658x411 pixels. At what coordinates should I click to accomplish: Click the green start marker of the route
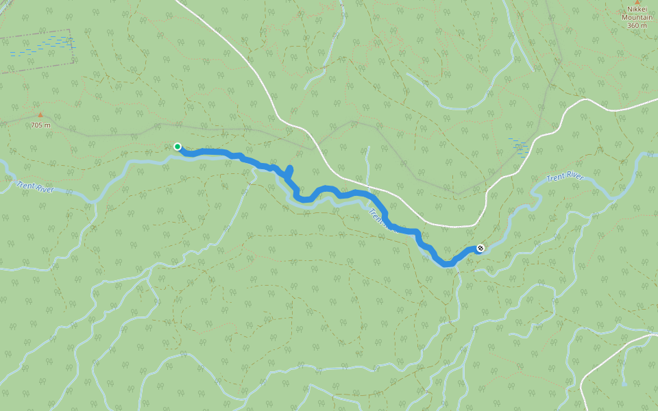(178, 146)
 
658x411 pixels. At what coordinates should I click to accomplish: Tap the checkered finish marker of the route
(480, 248)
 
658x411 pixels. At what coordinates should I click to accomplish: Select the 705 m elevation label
(40, 125)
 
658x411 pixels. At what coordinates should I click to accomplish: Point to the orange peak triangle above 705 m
(40, 115)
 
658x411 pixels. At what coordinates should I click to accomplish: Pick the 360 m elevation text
(637, 26)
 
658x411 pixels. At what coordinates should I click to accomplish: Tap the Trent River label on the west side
(34, 187)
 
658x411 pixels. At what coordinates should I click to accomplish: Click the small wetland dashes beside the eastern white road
(519, 145)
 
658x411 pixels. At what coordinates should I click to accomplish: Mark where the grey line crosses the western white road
(315, 147)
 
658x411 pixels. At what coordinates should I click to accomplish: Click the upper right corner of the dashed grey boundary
(71, 30)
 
